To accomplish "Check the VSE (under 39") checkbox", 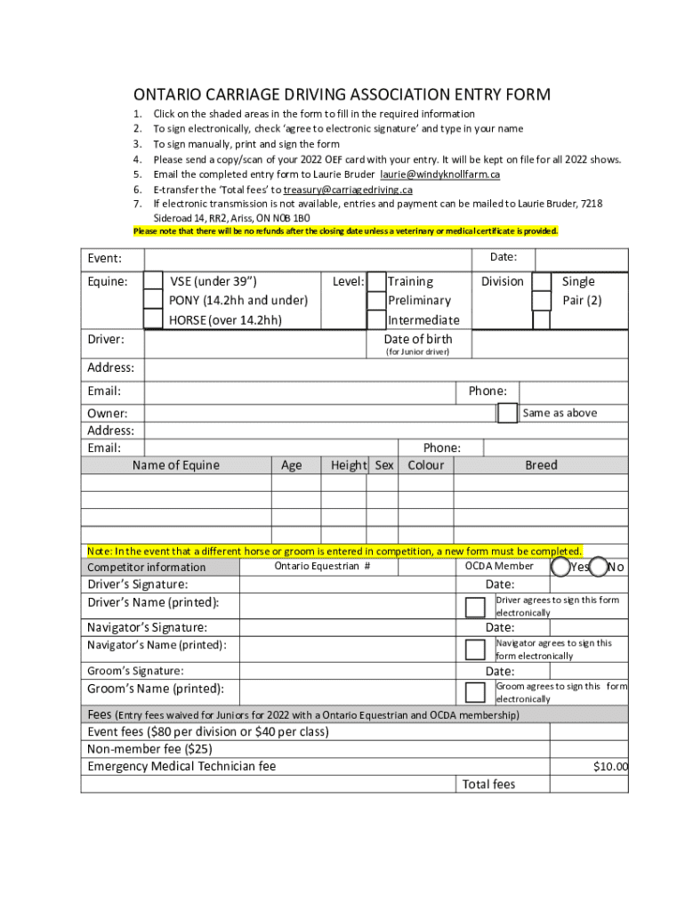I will pyautogui.click(x=153, y=281).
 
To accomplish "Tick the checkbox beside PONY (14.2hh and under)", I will pyautogui.click(x=153, y=301).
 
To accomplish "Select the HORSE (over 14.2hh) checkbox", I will pyautogui.click(x=153, y=319).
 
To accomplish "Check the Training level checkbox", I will pyautogui.click(x=376, y=281).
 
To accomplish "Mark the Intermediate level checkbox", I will pyautogui.click(x=376, y=319).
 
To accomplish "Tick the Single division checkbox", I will pyautogui.click(x=541, y=281).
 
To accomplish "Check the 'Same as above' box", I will pyautogui.click(x=507, y=413).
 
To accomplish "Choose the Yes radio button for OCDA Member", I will pyautogui.click(x=561, y=567).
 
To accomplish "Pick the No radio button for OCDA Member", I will pyautogui.click(x=599, y=567).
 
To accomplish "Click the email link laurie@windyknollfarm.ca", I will pyautogui.click(x=440, y=174).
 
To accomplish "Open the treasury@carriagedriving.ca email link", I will pyautogui.click(x=348, y=189).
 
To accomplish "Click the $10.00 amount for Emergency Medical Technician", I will pyautogui.click(x=610, y=767).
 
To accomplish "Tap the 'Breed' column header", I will pyautogui.click(x=541, y=465).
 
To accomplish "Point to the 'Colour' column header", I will pyautogui.click(x=426, y=465).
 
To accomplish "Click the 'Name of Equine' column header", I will pyautogui.click(x=175, y=465).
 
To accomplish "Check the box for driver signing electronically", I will pyautogui.click(x=476, y=606).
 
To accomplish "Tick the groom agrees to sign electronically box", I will pyautogui.click(x=476, y=692).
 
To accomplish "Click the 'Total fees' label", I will pyautogui.click(x=488, y=784).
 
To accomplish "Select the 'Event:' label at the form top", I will pyautogui.click(x=104, y=258).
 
